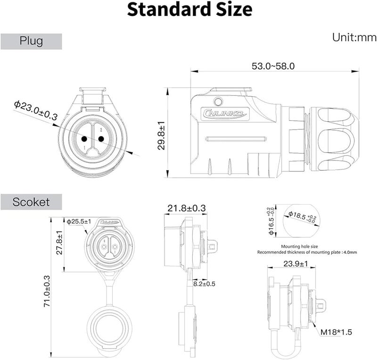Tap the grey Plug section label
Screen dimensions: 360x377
31,41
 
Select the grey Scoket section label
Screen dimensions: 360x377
31,202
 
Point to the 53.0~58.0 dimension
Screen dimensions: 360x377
273,67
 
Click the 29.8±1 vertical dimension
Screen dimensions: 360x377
162,135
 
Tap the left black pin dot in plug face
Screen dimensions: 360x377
84,139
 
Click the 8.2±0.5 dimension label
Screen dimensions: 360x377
204,284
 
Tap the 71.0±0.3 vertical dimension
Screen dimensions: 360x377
47,292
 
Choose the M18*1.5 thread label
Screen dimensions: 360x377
336,332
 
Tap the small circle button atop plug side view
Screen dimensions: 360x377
218,101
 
